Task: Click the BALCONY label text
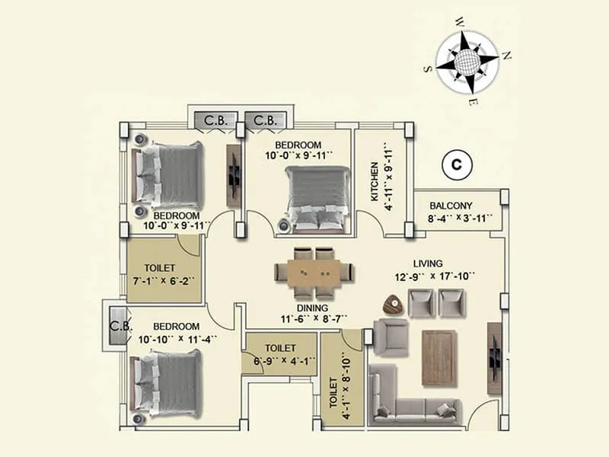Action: tap(451, 206)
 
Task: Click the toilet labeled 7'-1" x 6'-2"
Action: tap(163, 274)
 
